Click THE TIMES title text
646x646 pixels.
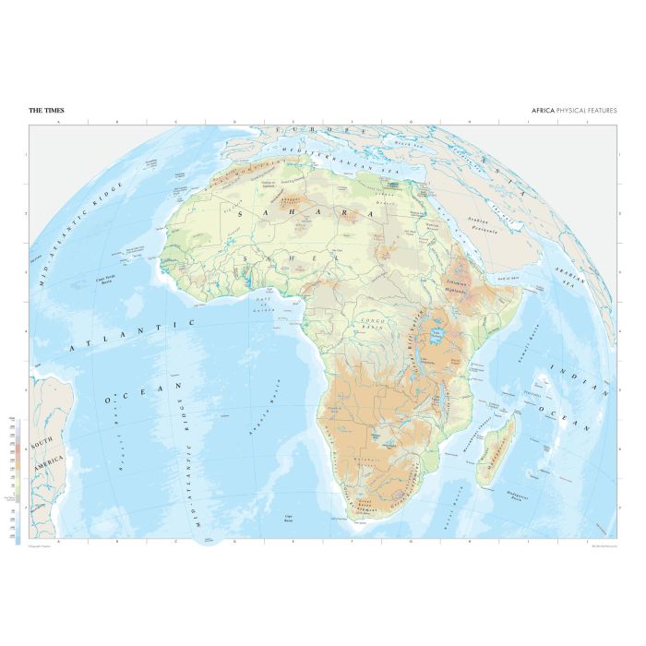(x=46, y=111)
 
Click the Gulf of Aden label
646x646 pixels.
(x=509, y=276)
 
